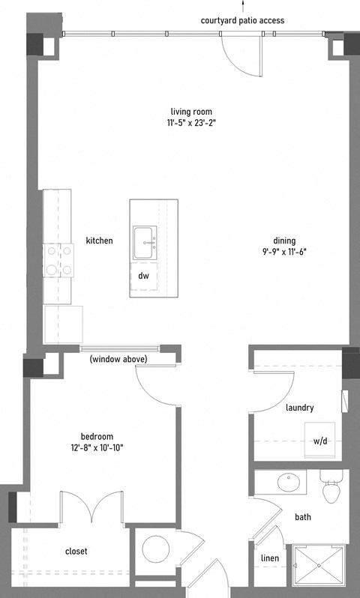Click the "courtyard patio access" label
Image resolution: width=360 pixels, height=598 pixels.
[242, 20]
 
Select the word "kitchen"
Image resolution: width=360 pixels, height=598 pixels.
[99, 241]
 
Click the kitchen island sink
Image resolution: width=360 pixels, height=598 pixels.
[145, 243]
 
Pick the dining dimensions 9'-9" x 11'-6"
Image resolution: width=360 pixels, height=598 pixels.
[284, 252]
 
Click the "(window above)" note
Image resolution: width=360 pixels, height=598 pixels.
[118, 359]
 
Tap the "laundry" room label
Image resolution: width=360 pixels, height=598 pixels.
[300, 408]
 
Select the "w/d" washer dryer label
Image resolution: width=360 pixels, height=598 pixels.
[320, 441]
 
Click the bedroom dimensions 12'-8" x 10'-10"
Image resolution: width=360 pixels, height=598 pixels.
[97, 447]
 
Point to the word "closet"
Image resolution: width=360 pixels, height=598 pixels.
[76, 551]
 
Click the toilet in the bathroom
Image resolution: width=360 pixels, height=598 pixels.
[331, 486]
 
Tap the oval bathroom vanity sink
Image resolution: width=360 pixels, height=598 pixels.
[289, 483]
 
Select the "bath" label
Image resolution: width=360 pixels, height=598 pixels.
[303, 517]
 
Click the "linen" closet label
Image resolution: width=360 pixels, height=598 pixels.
[270, 558]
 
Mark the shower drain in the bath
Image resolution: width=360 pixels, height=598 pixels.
[319, 566]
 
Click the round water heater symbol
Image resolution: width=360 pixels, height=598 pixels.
[156, 549]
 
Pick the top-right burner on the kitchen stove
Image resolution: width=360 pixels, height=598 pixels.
[67, 251]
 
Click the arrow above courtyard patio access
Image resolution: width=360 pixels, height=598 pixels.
[242, 5]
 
